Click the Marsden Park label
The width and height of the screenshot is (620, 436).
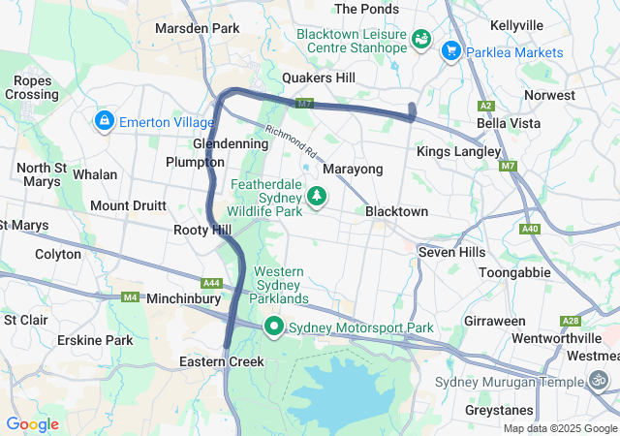coord(197,28)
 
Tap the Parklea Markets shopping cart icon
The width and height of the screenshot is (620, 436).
coord(450,50)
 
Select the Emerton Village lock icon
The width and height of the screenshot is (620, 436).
coord(103,121)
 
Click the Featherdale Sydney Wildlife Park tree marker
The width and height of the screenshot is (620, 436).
coord(316,197)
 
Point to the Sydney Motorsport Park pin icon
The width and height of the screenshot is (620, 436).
coord(274,327)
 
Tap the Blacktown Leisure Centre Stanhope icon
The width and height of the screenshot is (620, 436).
coord(421,39)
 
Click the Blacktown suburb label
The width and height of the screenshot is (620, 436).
coord(396,212)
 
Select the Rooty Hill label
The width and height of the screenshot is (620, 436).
coord(201,230)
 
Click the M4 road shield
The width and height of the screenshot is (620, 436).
coord(129,296)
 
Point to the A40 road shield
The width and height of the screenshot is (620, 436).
coord(529,230)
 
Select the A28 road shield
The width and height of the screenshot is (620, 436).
coord(570,321)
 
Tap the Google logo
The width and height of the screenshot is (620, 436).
coord(32,424)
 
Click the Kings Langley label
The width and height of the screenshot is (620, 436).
coord(458,152)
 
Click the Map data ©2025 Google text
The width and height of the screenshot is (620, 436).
coord(560,428)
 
